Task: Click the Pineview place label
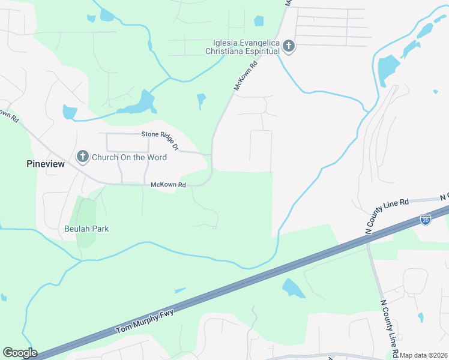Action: click(45, 164)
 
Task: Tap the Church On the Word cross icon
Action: click(83, 157)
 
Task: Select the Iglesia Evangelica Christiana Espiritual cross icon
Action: click(289, 46)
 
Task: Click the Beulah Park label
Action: click(86, 229)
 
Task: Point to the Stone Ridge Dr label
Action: click(160, 140)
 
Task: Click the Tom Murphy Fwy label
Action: click(148, 321)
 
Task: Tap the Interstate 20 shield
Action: click(426, 220)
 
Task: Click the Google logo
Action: click(20, 353)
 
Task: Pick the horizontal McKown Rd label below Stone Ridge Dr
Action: click(168, 185)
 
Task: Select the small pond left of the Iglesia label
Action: click(259, 21)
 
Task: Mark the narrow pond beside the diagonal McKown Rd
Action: click(201, 101)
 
